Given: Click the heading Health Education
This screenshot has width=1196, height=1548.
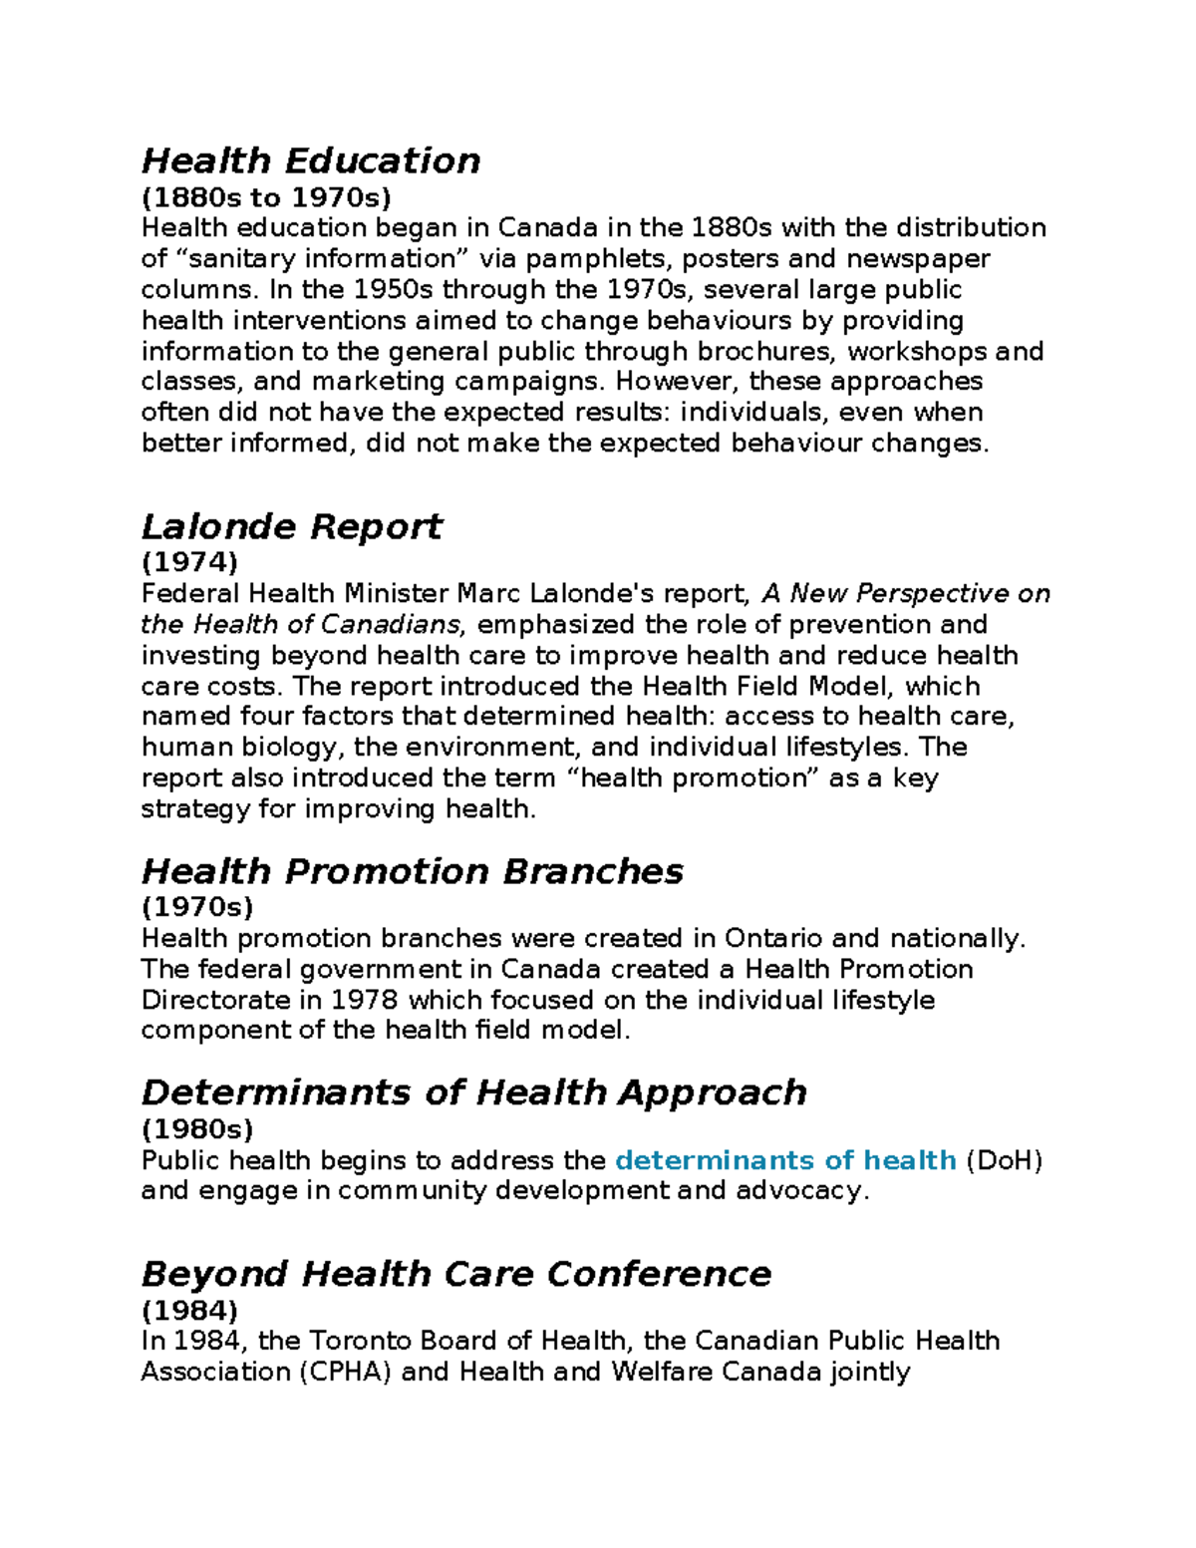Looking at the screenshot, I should (x=311, y=160).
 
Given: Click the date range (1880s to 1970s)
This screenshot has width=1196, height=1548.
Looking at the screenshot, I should (x=266, y=196).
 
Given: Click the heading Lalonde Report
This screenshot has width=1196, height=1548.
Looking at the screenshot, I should (x=292, y=526).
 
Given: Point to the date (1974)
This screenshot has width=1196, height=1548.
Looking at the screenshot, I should (x=189, y=562).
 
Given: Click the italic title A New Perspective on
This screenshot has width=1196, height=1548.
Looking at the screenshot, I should (x=905, y=594).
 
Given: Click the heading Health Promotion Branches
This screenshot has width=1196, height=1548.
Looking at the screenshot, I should (x=412, y=871).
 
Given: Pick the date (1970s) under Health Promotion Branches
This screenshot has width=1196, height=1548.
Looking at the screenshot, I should (x=197, y=907).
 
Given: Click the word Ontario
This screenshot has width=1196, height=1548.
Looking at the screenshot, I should (x=773, y=939).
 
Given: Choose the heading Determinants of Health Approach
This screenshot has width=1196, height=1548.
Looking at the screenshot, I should (x=473, y=1092).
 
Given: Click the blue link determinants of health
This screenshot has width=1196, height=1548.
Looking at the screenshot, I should (x=785, y=1160).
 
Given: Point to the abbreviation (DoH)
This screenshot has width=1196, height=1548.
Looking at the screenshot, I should (x=1004, y=1160).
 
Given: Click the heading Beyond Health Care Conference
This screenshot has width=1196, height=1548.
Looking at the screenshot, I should (x=456, y=1274).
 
